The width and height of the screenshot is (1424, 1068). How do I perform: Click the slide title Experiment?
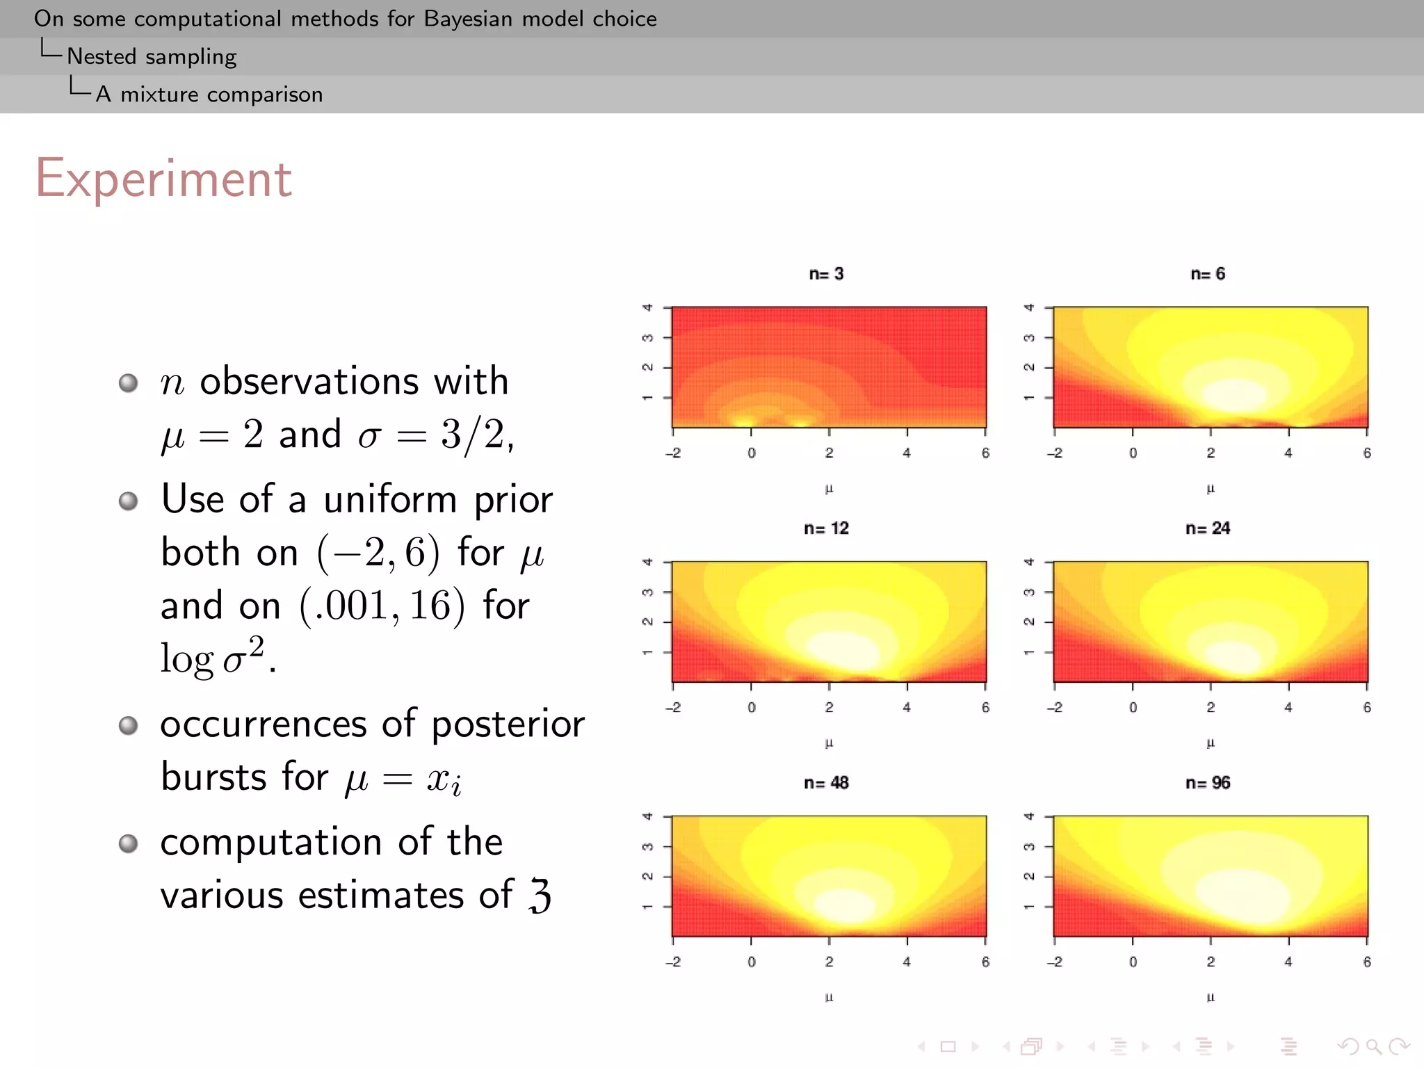(163, 179)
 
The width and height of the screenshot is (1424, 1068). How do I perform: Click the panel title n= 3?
(826, 274)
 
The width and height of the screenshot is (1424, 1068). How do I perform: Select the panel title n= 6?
(1208, 274)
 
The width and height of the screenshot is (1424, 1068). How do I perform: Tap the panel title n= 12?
(826, 528)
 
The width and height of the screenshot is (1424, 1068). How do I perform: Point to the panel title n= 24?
(1208, 528)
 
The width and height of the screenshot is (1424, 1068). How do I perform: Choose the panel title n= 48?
(826, 783)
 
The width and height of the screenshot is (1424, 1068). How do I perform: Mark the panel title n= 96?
(1208, 783)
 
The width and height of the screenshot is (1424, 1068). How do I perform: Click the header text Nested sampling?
(152, 56)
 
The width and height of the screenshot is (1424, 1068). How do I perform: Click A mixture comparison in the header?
(209, 94)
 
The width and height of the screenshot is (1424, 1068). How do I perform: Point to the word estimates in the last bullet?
(380, 895)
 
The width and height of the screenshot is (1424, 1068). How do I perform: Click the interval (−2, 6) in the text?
(379, 553)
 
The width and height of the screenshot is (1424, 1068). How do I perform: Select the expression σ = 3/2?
(436, 435)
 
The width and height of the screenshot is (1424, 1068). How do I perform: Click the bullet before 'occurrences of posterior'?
(128, 725)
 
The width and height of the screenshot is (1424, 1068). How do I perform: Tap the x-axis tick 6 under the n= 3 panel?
(985, 453)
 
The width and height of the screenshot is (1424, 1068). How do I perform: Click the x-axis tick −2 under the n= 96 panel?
(1055, 962)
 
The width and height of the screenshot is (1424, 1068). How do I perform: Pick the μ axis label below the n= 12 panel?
(829, 743)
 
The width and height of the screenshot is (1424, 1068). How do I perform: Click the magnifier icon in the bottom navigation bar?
(1373, 1046)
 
